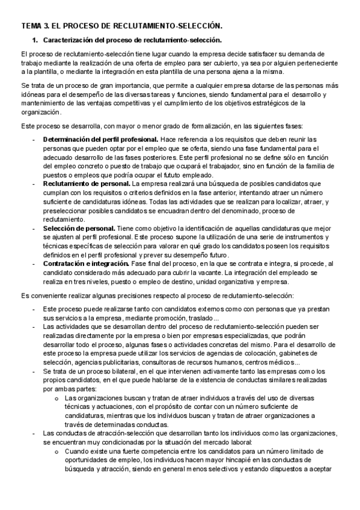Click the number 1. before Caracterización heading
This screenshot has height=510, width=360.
click(35, 40)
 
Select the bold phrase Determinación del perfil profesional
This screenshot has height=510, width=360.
click(84, 140)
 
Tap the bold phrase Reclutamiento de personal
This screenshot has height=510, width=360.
click(87, 182)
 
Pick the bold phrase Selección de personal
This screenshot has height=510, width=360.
click(79, 229)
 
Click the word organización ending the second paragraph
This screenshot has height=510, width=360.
click(40, 112)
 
